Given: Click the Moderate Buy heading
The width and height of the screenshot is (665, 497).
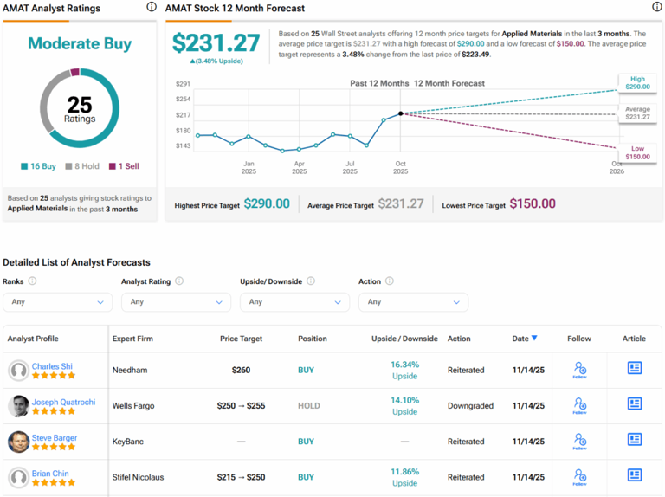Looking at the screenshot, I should click(x=80, y=43).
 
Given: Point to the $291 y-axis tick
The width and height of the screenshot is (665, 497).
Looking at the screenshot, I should click(x=183, y=84).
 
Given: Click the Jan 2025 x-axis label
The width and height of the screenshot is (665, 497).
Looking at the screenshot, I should click(x=249, y=167).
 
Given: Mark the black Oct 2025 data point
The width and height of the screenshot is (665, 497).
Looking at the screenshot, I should click(x=400, y=113).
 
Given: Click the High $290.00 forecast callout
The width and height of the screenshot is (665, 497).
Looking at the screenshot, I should click(x=637, y=82).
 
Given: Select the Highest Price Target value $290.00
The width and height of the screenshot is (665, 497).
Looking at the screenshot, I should click(x=267, y=204).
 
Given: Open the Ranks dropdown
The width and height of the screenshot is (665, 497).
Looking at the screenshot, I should click(x=57, y=302).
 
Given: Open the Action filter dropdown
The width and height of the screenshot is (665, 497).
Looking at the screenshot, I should click(x=413, y=302).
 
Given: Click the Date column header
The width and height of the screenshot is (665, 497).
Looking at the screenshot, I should click(x=524, y=339).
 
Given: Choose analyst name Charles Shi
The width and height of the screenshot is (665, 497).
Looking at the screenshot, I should click(x=51, y=366).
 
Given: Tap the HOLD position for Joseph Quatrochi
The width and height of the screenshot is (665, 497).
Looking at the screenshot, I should click(x=308, y=405).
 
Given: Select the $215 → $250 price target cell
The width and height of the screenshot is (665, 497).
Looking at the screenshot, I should click(x=241, y=477).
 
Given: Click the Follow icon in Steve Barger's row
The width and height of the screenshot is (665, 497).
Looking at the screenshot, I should click(x=579, y=442).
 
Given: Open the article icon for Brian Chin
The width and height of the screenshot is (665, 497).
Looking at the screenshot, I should click(x=635, y=475).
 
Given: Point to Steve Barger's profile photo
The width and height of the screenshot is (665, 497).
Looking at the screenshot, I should click(x=18, y=442).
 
